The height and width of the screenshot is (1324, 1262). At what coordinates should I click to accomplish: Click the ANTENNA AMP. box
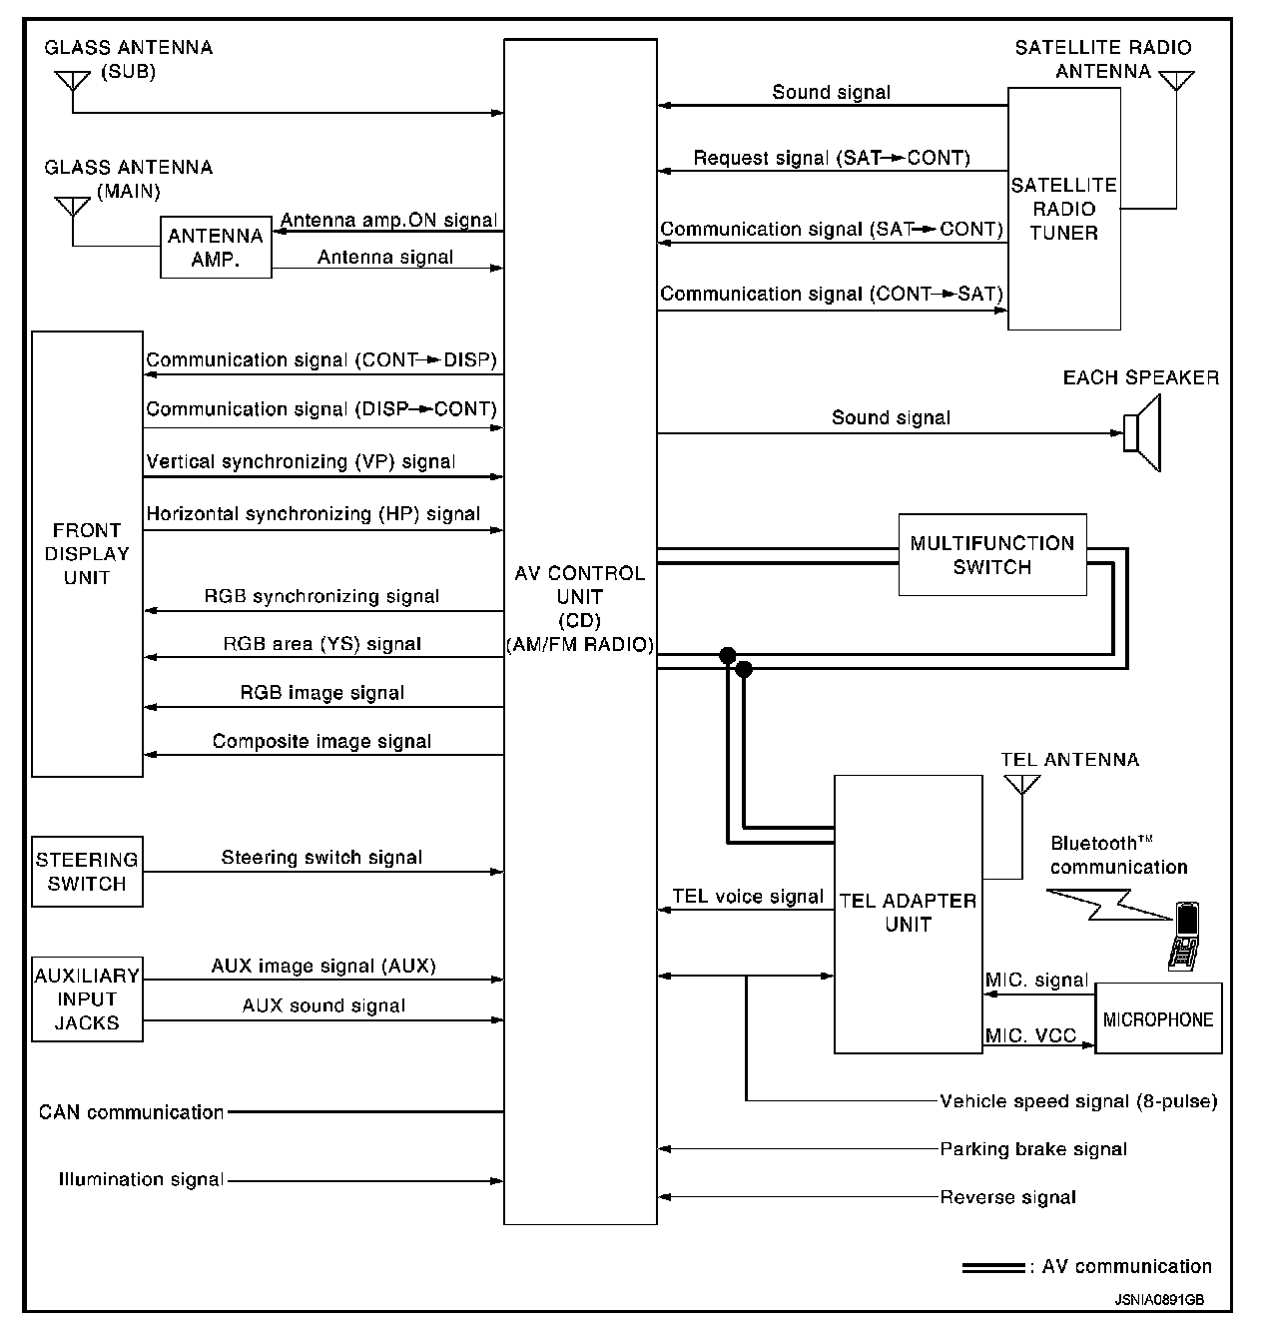pyautogui.click(x=216, y=248)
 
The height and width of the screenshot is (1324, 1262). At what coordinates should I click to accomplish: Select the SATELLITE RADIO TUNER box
pyautogui.click(x=1063, y=209)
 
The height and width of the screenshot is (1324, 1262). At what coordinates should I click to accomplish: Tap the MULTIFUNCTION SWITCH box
pyautogui.click(x=991, y=555)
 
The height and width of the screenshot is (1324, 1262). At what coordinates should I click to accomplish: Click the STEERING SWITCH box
pyautogui.click(x=87, y=872)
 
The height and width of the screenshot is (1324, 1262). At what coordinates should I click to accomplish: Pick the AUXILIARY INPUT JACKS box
pyautogui.click(x=87, y=999)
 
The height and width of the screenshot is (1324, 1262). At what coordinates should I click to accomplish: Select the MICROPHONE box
pyautogui.click(x=1158, y=1019)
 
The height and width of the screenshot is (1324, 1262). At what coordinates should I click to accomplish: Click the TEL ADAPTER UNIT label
pyautogui.click(x=908, y=913)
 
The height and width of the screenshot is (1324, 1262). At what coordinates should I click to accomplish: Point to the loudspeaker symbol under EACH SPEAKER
pyautogui.click(x=1142, y=432)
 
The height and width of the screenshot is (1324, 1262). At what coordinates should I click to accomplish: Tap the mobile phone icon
pyautogui.click(x=1184, y=935)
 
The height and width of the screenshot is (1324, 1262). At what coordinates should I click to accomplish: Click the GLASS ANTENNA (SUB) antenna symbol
pyautogui.click(x=73, y=79)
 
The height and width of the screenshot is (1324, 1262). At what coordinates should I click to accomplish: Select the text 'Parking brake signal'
pyautogui.click(x=1033, y=1149)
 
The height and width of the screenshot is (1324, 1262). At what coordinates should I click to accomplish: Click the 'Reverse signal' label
pyautogui.click(x=1007, y=1197)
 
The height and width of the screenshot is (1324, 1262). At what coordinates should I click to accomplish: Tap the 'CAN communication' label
pyautogui.click(x=131, y=1112)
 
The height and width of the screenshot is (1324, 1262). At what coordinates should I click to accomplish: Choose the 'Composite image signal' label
pyautogui.click(x=321, y=742)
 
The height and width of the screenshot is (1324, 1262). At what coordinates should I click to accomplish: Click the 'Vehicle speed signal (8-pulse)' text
pyautogui.click(x=1078, y=1101)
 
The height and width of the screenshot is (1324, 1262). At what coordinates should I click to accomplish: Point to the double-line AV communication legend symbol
pyautogui.click(x=992, y=1268)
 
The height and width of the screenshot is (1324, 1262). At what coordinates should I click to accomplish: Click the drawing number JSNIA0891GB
pyautogui.click(x=1159, y=1301)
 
